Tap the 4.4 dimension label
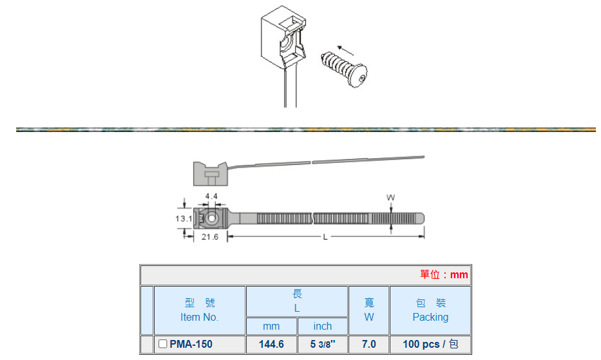211,195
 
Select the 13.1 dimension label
184,219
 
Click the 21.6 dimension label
210,237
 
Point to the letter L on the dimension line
325,237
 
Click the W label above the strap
390,197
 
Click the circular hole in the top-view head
211,218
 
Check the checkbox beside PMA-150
163,345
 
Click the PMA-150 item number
191,345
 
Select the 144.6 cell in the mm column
271,345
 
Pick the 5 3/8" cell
323,345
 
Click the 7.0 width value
368,345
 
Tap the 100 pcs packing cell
430,345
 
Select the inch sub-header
323,327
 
